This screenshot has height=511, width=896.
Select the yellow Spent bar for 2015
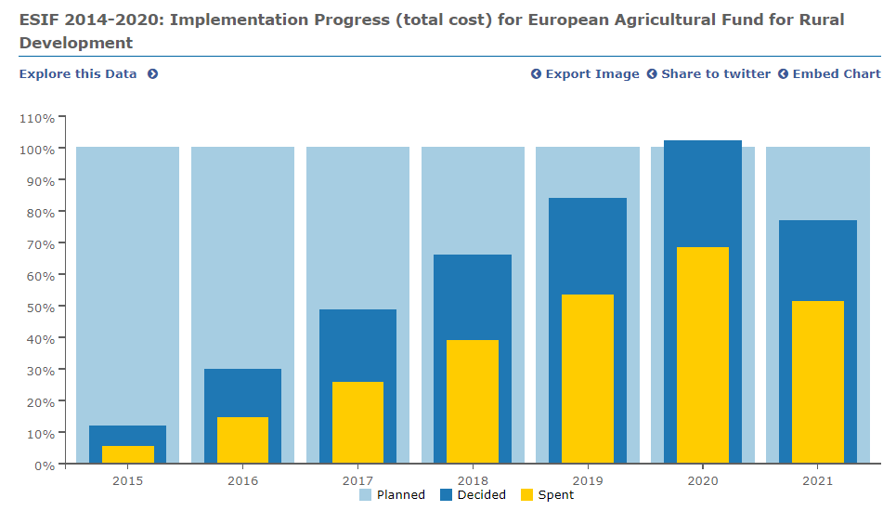127,454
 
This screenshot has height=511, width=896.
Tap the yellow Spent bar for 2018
473,401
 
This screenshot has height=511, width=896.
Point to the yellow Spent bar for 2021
818,382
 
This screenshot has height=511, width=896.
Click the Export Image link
591,74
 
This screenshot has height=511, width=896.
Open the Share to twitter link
715,74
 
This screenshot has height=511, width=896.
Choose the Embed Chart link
836,74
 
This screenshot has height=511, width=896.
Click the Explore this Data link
78,74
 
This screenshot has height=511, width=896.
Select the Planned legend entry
400,495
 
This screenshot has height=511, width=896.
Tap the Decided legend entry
481,495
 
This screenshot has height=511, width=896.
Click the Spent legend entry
555,495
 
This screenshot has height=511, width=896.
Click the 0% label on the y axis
45,465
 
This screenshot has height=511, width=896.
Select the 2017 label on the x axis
357,481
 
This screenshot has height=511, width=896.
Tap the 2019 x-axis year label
588,481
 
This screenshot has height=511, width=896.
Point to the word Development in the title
76,43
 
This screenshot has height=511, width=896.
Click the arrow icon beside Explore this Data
152,74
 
